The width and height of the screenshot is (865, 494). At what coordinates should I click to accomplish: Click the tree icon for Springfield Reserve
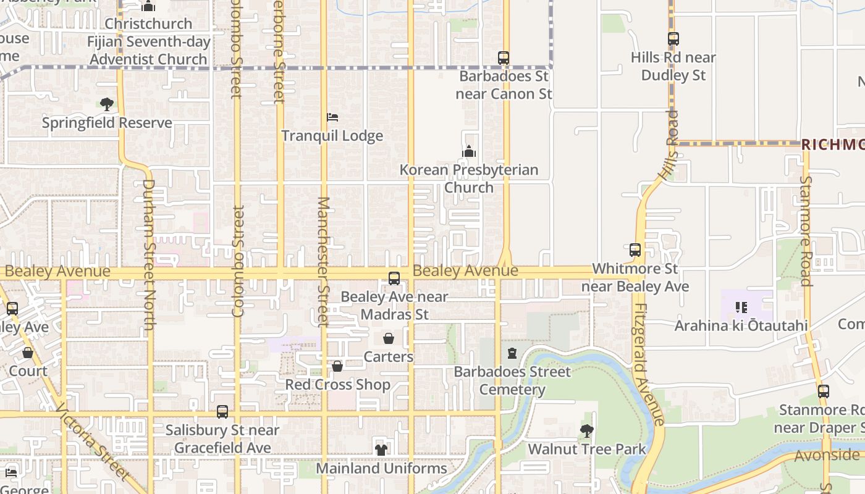coord(107,104)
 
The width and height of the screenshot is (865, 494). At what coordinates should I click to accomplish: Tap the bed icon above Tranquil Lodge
coord(332,117)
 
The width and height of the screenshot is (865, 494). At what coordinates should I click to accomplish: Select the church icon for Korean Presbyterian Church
coord(469,151)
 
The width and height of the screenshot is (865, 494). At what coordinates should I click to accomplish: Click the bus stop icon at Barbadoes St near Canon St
coord(504,58)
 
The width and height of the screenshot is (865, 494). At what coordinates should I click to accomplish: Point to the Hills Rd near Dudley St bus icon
coord(673,39)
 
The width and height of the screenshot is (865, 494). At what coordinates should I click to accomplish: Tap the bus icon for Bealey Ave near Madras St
coord(394,278)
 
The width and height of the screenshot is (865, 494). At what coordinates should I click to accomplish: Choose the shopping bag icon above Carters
coord(389,338)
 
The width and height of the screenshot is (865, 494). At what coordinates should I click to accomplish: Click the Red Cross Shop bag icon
coord(337,366)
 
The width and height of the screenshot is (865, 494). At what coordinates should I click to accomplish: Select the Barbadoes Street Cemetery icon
coord(512,353)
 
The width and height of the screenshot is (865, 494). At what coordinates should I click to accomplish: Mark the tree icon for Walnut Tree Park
coord(586,430)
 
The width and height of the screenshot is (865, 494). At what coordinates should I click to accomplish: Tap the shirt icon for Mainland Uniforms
coord(381,450)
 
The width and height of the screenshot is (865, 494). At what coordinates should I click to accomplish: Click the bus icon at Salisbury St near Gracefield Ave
coord(222,412)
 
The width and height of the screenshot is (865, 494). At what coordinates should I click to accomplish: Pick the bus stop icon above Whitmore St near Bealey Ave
coord(635,250)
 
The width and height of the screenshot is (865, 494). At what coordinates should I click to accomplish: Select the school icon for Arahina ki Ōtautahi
coord(741,307)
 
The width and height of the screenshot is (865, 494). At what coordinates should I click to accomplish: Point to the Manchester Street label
coord(323,261)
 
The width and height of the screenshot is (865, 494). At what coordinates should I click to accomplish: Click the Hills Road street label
coord(669,145)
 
